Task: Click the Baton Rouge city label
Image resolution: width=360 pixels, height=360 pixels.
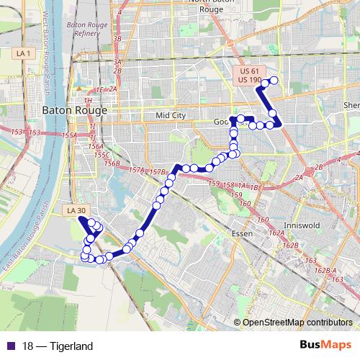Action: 75,110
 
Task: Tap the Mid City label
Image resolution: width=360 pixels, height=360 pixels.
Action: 171,115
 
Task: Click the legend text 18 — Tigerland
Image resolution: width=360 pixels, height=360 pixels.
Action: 58,346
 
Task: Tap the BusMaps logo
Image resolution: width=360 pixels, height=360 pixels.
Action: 325,346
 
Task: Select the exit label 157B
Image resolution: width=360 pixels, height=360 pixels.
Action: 158,172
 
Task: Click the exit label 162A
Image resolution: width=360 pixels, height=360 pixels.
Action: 276,233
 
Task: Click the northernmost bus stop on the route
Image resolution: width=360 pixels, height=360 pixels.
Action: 273,80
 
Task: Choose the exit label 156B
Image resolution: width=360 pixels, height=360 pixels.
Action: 112,163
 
